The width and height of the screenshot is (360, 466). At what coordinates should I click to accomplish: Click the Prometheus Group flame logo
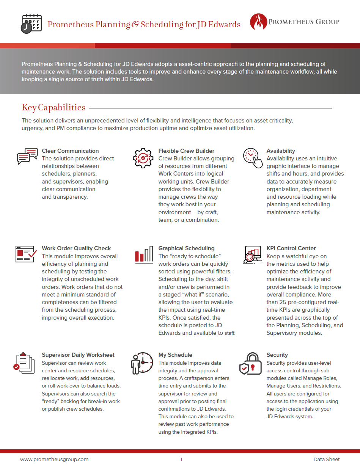258,22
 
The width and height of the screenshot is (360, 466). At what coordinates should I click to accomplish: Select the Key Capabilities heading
53,107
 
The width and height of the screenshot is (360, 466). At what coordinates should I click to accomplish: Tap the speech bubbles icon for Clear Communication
28,156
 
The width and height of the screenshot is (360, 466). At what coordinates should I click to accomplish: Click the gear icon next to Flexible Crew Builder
143,158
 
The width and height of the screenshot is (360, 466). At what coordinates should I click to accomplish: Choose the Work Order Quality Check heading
76,248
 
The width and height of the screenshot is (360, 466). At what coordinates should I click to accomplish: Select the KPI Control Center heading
291,248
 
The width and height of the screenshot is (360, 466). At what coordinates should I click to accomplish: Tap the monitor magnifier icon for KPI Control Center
252,254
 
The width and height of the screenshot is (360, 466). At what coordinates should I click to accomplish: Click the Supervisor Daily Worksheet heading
78,355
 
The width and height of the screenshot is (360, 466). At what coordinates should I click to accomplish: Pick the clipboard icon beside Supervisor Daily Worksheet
24,363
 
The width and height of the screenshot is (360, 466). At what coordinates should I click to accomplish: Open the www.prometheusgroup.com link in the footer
54,459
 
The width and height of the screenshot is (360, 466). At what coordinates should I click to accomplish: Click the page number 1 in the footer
181,459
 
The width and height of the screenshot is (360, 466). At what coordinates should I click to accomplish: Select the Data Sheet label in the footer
326,459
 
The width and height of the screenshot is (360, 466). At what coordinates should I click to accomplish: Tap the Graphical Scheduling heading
186,248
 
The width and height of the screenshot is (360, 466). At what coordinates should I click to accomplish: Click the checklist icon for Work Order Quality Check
26,254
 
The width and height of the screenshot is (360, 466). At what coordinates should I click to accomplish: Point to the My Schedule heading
175,355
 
